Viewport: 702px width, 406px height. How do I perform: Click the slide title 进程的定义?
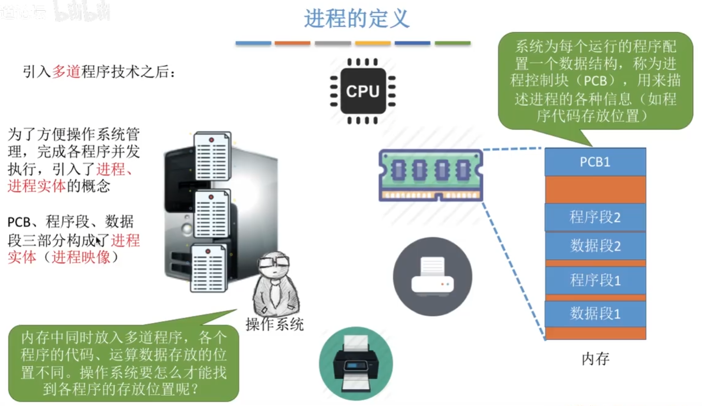(356, 19)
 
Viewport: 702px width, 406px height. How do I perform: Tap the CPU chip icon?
(363, 91)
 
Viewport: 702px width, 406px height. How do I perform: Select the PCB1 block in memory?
(595, 162)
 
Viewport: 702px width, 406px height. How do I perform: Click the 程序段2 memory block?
(595, 217)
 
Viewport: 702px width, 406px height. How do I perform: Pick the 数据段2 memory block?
(595, 246)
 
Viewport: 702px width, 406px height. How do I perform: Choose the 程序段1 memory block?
(595, 280)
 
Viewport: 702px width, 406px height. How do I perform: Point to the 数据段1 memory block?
(595, 313)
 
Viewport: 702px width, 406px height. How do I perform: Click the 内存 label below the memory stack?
(595, 359)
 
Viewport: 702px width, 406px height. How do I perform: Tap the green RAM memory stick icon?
(431, 175)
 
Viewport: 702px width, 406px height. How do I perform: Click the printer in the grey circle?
(432, 276)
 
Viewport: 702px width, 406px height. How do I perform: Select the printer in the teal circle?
(356, 364)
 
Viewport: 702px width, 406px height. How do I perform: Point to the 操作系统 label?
(274, 324)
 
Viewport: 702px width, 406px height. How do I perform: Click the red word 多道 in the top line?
(66, 72)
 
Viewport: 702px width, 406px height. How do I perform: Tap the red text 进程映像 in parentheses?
(81, 257)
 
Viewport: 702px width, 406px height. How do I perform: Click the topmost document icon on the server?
(212, 156)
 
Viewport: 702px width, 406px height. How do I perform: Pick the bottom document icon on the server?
(208, 268)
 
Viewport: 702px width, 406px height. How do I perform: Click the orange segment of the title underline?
(292, 43)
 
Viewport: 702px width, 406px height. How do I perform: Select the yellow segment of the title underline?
(373, 43)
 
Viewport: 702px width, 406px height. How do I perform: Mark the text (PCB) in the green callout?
(595, 81)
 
